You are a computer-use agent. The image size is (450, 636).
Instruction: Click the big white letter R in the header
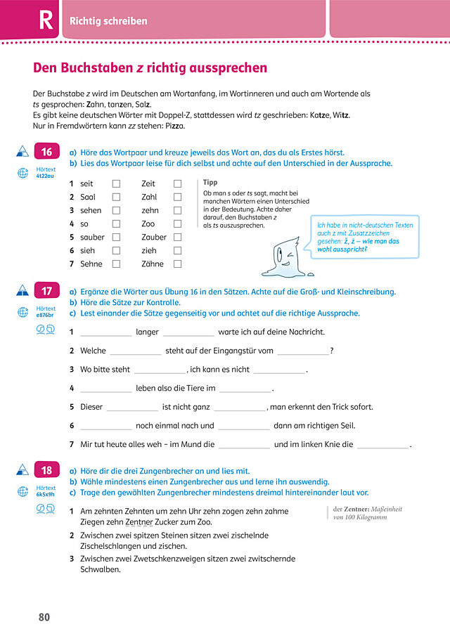45,20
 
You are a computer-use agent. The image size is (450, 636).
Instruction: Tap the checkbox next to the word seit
117,183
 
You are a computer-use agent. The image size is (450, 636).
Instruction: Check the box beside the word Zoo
178,223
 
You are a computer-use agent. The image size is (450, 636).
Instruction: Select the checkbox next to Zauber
178,237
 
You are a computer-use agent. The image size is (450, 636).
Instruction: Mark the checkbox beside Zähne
178,264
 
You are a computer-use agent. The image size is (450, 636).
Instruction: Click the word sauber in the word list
92,237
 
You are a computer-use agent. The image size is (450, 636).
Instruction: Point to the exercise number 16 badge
46,152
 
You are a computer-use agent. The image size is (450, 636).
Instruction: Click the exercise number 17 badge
46,290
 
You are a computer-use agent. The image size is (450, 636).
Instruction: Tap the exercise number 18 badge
46,470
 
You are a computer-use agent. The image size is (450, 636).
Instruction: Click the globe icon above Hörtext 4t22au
22,171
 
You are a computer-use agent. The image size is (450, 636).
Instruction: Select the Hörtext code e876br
46,315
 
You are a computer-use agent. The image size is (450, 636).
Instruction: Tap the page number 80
44,617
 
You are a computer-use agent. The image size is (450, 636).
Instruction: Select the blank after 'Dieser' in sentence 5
132,408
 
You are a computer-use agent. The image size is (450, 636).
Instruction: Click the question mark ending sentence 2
332,351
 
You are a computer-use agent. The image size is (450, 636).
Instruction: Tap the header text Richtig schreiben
108,21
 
